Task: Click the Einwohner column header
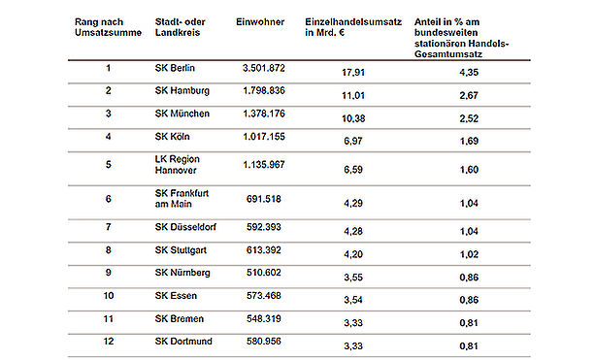(260, 22)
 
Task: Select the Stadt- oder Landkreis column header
(180, 27)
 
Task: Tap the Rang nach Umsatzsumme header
(108, 27)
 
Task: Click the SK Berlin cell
(175, 68)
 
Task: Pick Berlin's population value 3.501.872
(264, 68)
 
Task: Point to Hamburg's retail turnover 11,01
(353, 95)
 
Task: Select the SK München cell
(182, 114)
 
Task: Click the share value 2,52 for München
(469, 118)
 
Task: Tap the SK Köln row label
(172, 137)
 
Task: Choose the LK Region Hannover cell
(178, 165)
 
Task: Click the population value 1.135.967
(264, 165)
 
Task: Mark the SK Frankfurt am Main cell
(182, 198)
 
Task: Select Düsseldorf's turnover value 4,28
(353, 231)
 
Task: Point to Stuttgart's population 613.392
(264, 250)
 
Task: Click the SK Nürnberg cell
(182, 273)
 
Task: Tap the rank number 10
(109, 296)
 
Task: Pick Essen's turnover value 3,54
(353, 300)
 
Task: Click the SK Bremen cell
(180, 318)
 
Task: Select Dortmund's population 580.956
(264, 341)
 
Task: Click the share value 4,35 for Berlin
(469, 72)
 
